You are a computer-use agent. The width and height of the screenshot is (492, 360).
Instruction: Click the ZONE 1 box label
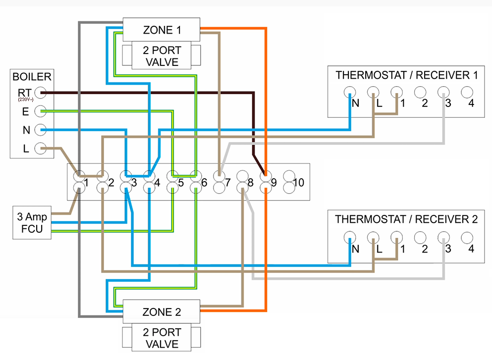[x=162, y=30]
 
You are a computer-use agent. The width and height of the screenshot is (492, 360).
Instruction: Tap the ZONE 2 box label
[x=162, y=312]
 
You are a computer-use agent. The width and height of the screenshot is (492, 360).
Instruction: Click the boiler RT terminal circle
[x=41, y=93]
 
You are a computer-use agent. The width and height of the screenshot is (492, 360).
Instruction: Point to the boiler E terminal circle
[x=41, y=111]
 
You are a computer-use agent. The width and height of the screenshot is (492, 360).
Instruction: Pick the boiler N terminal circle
[x=41, y=130]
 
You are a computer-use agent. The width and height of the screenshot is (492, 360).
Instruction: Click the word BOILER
[x=32, y=77]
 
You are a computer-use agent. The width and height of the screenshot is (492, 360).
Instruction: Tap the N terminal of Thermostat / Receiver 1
[x=350, y=92]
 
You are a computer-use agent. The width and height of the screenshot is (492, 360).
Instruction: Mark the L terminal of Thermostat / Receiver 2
[x=373, y=237]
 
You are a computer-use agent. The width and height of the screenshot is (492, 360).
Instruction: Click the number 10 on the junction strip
[x=298, y=183]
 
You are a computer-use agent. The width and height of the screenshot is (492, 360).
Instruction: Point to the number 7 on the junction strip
[x=227, y=183]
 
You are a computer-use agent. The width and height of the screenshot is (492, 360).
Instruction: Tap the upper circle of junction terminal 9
[x=266, y=175]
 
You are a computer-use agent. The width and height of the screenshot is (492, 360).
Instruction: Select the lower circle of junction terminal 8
[x=242, y=187]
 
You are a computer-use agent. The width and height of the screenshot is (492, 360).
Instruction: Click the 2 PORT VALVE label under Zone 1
[x=162, y=56]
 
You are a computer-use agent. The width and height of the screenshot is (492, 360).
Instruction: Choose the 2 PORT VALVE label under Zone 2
[x=162, y=338]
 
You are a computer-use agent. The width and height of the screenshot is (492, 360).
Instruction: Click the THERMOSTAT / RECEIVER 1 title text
[x=406, y=75]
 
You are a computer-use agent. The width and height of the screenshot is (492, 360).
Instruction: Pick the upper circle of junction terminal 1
[x=79, y=175]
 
